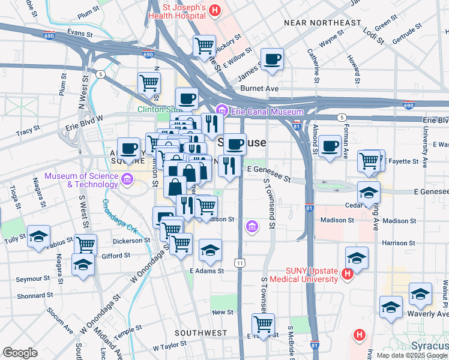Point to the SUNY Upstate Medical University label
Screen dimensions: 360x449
pos(303,275)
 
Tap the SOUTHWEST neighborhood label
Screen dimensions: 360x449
pos(200,332)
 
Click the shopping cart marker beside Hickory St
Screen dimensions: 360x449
pos(205,45)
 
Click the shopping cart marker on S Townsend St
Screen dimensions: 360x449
pos(263,324)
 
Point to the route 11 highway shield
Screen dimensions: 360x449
pos(240,263)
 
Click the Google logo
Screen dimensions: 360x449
pos(20,353)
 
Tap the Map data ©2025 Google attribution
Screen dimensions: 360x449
pos(412,355)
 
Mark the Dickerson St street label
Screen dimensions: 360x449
pos(131,241)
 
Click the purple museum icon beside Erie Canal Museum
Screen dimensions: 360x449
pos(222,110)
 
